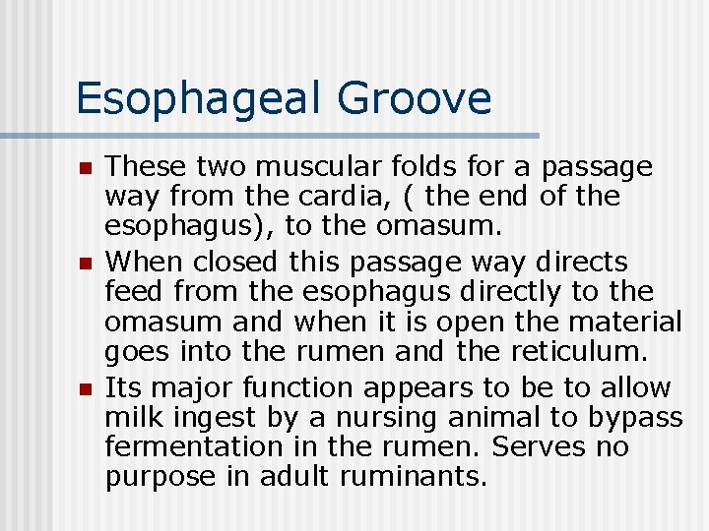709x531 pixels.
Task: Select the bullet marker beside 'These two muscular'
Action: point(86,169)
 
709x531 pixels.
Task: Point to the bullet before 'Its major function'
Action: point(86,390)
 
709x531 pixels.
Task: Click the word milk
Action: point(132,418)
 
